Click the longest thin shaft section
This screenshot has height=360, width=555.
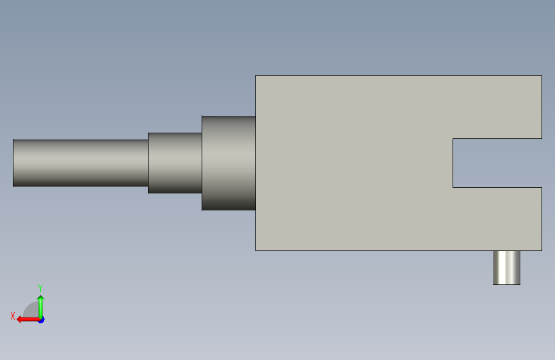click(x=81, y=163)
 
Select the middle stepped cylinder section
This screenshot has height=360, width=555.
click(x=175, y=163)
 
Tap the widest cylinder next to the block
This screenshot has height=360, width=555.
click(x=229, y=163)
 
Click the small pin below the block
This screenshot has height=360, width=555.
click(x=506, y=268)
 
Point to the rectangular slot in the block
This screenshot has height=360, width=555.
click(x=497, y=163)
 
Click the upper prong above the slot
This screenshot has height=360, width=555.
click(x=497, y=107)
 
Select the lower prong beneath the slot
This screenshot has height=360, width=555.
click(x=497, y=219)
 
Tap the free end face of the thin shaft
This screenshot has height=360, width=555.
click(x=13, y=163)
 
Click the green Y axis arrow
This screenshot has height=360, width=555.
click(x=41, y=307)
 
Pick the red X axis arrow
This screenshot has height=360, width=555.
click(x=28, y=320)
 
